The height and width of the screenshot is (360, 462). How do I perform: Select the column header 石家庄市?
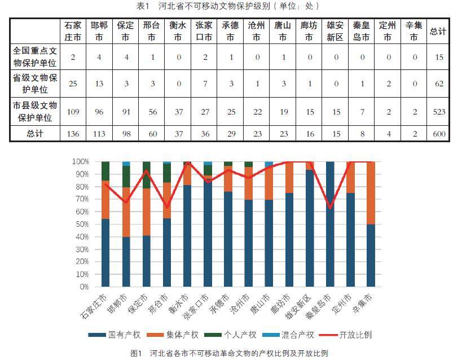[x=73, y=32]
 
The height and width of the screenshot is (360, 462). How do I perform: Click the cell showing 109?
[x=73, y=112]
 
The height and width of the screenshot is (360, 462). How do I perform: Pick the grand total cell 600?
[x=438, y=134]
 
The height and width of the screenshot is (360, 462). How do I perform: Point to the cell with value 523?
[x=438, y=112]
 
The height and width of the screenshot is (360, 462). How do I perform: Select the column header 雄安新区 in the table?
[x=335, y=32]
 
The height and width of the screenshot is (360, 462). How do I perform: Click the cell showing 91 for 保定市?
[x=125, y=112]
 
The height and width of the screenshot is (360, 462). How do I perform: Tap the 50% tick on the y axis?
[x=81, y=224]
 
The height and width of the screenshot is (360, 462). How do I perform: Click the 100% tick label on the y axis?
[x=80, y=161]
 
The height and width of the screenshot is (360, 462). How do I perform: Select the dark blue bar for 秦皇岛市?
[x=329, y=226]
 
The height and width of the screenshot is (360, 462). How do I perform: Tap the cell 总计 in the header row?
[x=438, y=32]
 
